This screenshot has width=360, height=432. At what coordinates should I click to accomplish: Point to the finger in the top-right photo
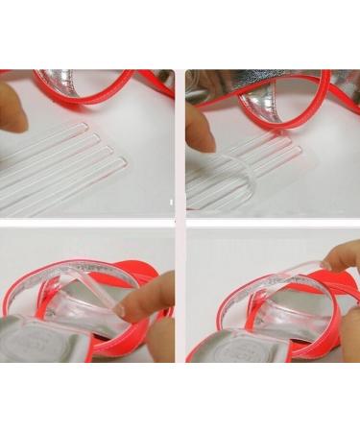201,125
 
